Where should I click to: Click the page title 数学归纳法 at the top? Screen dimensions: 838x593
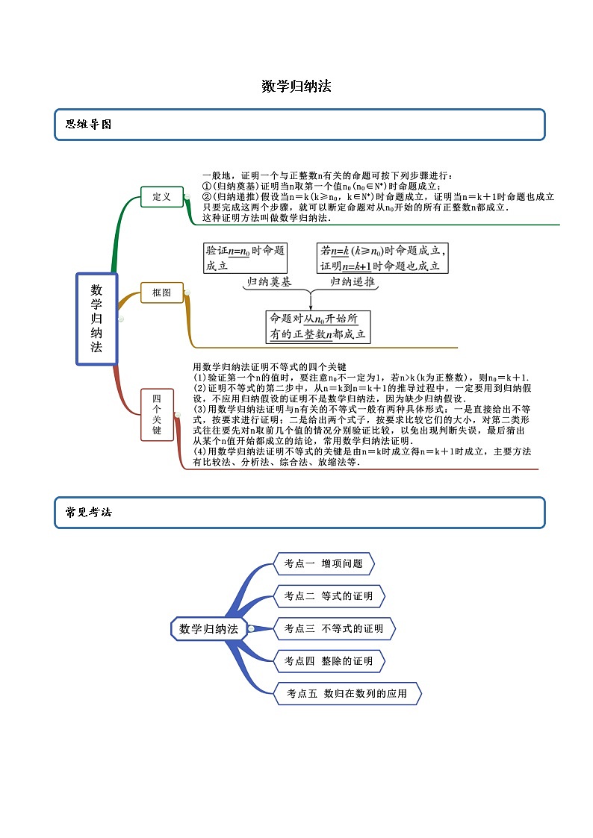click(x=296, y=87)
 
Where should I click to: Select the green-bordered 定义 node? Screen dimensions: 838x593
click(x=162, y=197)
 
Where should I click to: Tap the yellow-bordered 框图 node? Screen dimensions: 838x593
click(x=162, y=293)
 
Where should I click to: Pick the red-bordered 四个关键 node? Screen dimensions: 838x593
click(x=157, y=415)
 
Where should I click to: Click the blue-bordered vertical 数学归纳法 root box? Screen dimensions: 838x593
click(x=96, y=319)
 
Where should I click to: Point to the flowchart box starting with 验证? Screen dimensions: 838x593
click(x=244, y=258)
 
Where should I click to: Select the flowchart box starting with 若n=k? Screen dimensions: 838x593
click(x=382, y=258)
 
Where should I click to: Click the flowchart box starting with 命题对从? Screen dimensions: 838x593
click(x=318, y=327)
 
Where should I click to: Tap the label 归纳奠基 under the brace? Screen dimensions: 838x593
click(x=270, y=283)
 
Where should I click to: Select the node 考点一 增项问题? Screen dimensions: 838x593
click(x=324, y=564)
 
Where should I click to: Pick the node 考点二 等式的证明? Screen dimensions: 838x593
click(x=329, y=596)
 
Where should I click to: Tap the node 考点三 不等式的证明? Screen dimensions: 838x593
click(x=334, y=629)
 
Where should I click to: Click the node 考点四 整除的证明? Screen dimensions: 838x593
click(x=329, y=661)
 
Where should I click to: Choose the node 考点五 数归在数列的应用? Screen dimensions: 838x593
click(x=348, y=694)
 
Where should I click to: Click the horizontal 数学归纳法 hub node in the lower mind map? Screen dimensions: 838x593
click(x=208, y=629)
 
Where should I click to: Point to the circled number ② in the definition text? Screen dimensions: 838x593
click(x=207, y=196)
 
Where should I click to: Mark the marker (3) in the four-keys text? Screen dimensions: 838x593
click(x=199, y=410)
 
